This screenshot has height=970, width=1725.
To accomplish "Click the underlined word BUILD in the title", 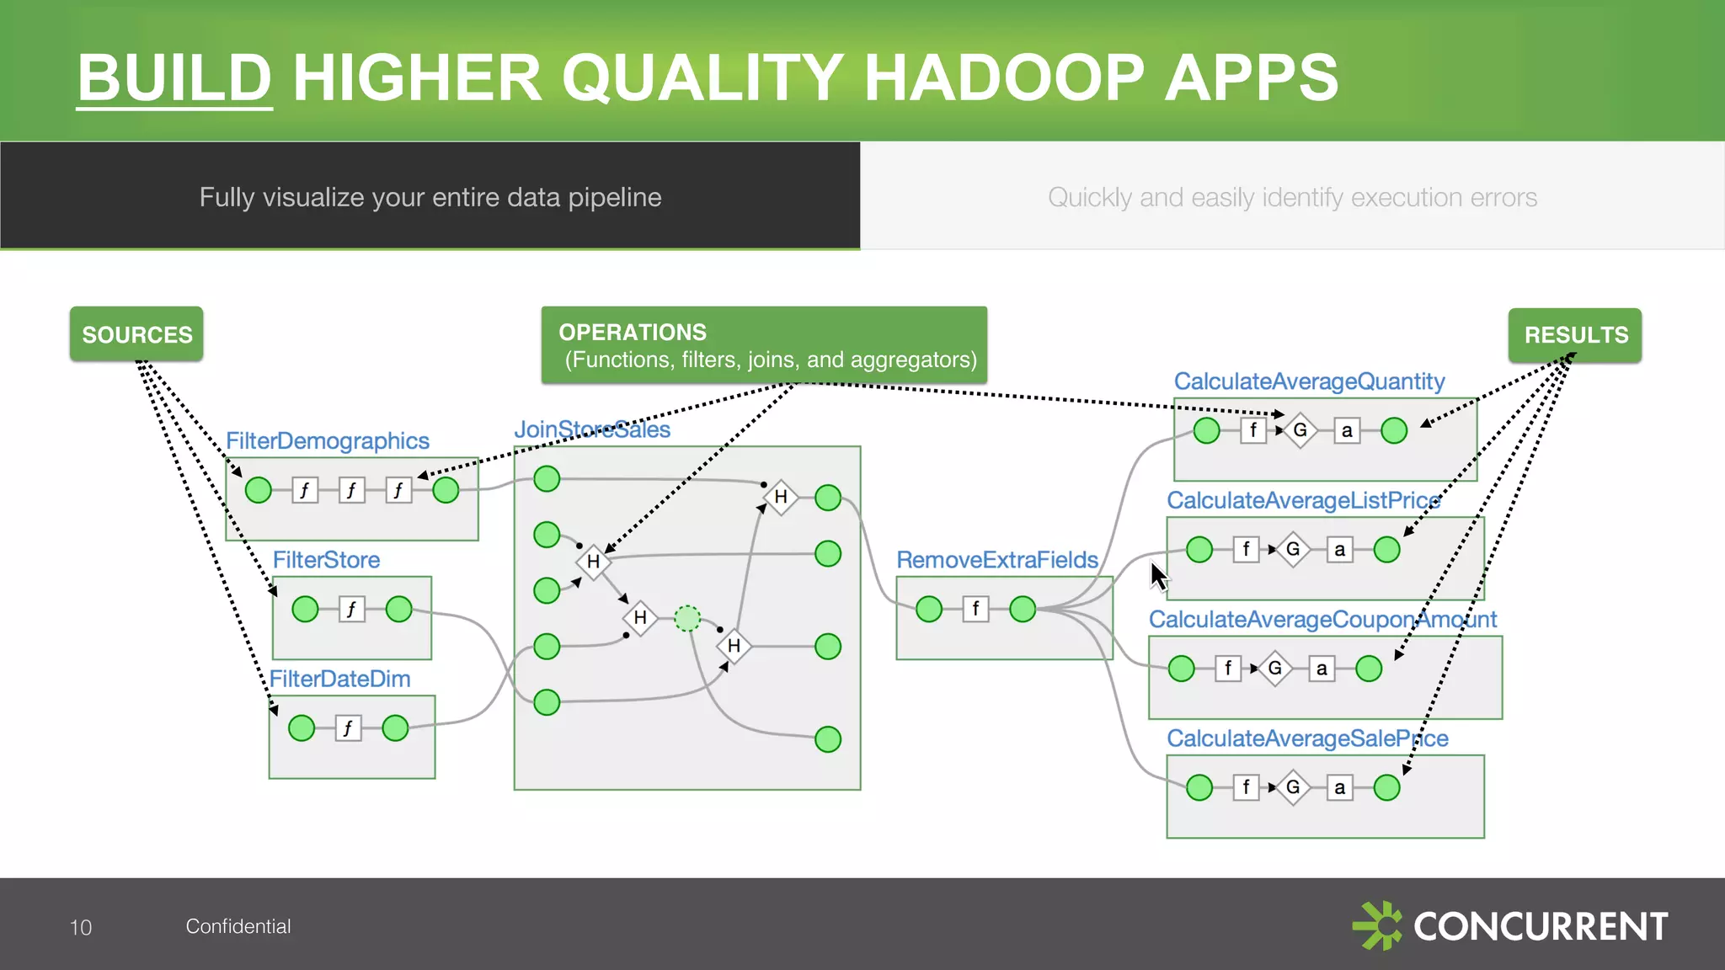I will (174, 77).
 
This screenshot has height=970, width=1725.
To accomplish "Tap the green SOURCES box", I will (136, 334).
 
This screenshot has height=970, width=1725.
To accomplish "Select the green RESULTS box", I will (1574, 335).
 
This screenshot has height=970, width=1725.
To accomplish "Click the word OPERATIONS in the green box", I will (633, 332).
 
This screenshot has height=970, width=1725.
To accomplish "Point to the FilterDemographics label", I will (328, 440).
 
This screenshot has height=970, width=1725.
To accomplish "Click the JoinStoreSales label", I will (592, 429).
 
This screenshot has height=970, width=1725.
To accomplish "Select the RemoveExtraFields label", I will (996, 560).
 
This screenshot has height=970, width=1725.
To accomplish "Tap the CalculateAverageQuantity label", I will (1309, 381).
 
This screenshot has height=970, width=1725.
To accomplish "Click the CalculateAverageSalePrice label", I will (1307, 738).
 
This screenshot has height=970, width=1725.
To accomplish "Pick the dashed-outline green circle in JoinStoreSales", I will (687, 618).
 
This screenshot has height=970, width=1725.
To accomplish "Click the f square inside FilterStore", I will (352, 609).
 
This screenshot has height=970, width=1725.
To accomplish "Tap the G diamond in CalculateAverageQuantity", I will (1300, 430).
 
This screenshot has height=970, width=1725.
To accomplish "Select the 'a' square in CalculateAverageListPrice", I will (1339, 550).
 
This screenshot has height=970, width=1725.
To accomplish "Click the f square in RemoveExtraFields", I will (975, 608).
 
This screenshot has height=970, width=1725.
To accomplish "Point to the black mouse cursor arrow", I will (1160, 577).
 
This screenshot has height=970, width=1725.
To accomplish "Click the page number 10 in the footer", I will (81, 927).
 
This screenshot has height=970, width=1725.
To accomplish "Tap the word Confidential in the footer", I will (238, 926).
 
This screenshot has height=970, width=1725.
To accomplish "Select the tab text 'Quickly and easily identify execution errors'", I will (1292, 197).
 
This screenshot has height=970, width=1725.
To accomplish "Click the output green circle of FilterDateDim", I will (395, 727).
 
